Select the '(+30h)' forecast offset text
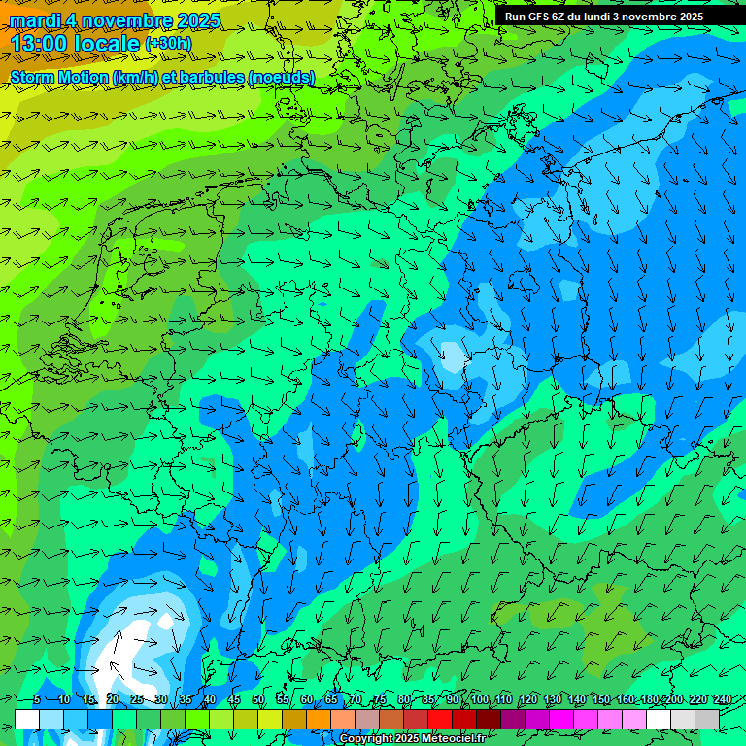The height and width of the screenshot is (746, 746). (x=168, y=44)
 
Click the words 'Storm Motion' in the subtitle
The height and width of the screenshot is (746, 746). (x=58, y=77)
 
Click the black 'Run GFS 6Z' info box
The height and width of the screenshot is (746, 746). (x=618, y=17)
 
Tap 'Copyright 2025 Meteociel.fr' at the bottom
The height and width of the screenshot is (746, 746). (x=412, y=738)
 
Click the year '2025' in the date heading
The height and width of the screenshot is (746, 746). (x=192, y=19)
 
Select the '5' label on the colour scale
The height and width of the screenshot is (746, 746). (x=37, y=700)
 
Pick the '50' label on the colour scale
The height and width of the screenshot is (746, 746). (x=258, y=700)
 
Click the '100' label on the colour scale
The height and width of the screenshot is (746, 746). (x=479, y=700)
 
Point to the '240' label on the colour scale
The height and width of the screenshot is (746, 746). (x=723, y=700)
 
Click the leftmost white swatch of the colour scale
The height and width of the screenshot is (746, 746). (x=27, y=719)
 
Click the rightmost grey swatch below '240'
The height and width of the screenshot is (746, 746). (x=706, y=719)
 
